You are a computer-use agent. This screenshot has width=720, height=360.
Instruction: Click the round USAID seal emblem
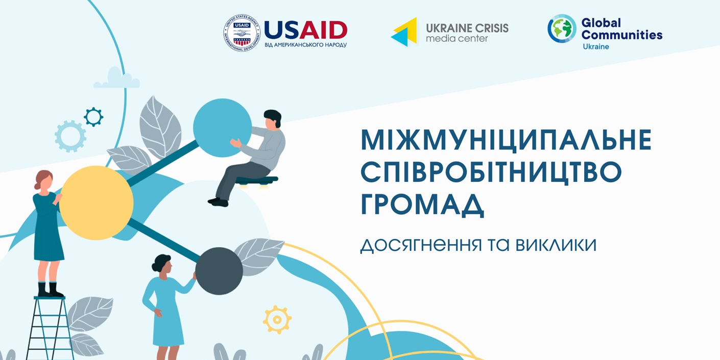[242, 33]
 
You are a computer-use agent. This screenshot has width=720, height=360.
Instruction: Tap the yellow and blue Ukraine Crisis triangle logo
[404, 32]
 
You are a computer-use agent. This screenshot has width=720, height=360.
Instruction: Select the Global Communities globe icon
[562, 29]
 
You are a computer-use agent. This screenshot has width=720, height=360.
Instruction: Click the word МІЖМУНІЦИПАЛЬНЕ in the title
[506, 140]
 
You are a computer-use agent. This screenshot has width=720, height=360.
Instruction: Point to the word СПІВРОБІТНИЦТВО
[491, 173]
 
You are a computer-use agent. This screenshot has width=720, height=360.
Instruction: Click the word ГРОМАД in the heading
[422, 205]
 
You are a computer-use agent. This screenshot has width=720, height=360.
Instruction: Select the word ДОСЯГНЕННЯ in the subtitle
[421, 245]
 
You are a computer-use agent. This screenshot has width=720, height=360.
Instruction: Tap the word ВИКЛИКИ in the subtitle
[556, 245]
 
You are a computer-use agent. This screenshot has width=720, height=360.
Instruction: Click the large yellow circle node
[96, 203]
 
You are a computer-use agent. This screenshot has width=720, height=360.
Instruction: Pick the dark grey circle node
[219, 271]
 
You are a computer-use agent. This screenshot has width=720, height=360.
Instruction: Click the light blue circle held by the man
[222, 128]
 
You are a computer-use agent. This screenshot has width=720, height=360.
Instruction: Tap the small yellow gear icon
[277, 320]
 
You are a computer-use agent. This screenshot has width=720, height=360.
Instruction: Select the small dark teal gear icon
[93, 116]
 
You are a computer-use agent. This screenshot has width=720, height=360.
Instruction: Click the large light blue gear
[70, 136]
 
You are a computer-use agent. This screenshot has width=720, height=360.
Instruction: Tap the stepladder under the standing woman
[50, 328]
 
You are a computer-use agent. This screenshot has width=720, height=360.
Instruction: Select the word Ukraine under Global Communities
[596, 47]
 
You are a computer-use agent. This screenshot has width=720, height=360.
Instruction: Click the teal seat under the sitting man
[256, 180]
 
